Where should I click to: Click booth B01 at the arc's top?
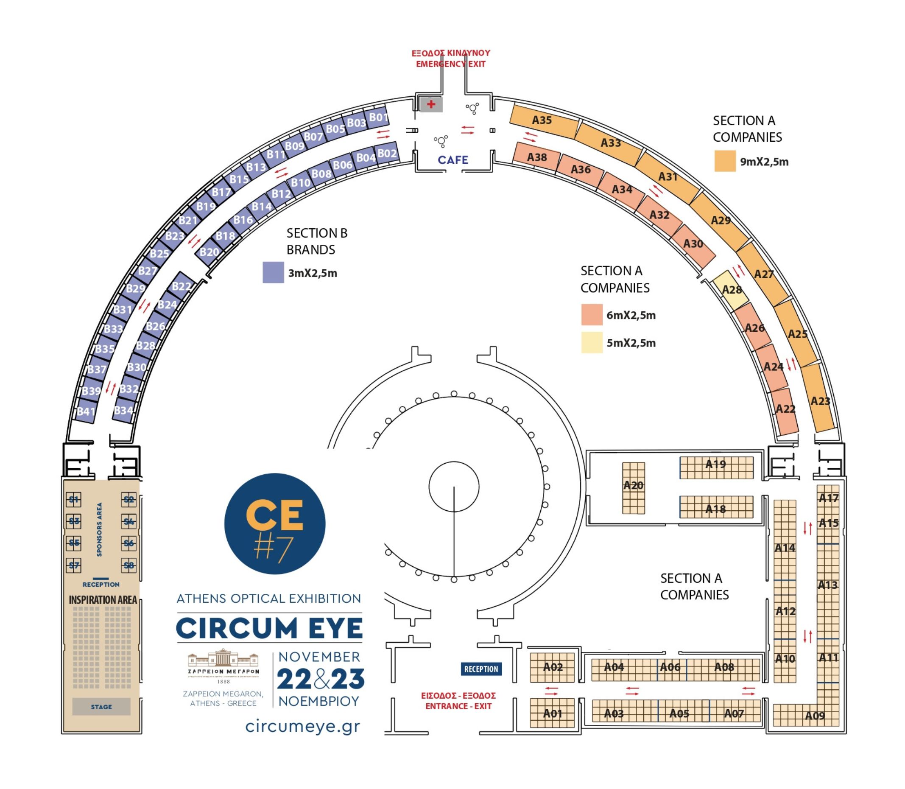tap(378, 117)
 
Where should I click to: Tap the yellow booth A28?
tap(731, 289)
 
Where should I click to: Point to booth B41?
tap(86, 411)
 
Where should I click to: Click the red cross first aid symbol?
tap(431, 104)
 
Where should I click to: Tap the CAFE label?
tap(453, 160)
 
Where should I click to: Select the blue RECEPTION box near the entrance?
tap(480, 669)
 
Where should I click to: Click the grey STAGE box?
tap(101, 707)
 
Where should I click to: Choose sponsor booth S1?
tap(73, 499)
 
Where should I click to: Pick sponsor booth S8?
tap(128, 565)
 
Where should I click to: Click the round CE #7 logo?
tap(275, 523)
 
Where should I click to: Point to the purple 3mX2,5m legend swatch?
tap(273, 272)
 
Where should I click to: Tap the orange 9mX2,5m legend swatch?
tap(724, 161)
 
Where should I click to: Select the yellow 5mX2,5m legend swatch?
tap(592, 343)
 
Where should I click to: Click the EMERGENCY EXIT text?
tap(450, 64)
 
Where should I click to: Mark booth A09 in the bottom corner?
tap(814, 716)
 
